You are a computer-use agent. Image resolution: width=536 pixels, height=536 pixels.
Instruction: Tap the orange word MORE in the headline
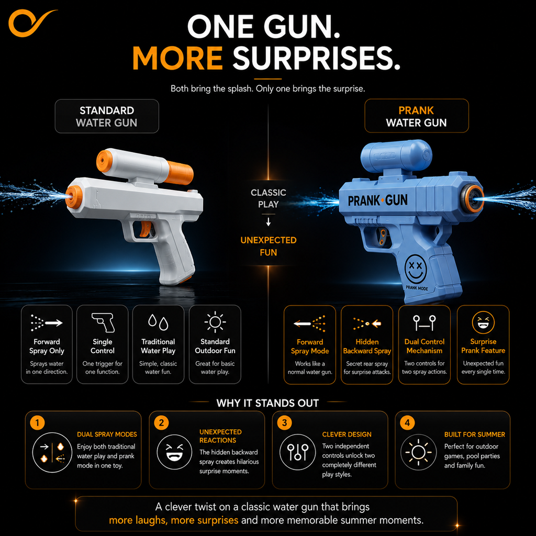pos(178,58)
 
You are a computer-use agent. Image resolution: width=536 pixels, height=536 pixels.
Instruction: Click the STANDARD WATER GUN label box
pos(107,116)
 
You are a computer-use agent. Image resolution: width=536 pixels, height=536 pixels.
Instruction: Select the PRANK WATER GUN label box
pos(416,116)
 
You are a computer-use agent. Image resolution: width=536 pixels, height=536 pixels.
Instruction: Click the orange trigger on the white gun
pos(146,229)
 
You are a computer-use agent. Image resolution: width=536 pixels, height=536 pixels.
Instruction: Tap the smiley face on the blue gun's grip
pos(416,269)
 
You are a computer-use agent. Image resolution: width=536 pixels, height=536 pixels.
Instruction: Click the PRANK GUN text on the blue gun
pos(377,200)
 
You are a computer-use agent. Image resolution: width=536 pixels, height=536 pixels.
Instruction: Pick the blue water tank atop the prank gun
pos(396,157)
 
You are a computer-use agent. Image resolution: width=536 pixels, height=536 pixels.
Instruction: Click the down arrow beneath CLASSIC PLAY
pos(269,222)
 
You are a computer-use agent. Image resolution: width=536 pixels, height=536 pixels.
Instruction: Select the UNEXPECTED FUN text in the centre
pos(269,246)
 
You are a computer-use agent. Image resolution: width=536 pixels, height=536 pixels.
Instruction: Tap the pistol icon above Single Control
pos(103,322)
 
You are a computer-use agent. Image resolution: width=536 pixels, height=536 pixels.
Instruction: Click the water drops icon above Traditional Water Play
pos(158,322)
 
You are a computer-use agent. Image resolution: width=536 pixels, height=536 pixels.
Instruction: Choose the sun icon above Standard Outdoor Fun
pos(215,322)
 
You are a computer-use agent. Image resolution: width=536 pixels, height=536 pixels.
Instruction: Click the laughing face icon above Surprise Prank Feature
pos(483,322)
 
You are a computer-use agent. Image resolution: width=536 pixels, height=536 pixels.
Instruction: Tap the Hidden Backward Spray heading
pos(367,347)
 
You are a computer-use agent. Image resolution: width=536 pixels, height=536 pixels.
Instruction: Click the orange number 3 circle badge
pos(284,423)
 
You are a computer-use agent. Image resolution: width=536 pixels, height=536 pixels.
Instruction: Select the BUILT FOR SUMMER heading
pos(474,434)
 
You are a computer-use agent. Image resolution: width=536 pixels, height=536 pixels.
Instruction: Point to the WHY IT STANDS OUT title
pos(267,403)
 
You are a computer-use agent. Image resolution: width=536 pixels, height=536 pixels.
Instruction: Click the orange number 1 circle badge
pos(37,423)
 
